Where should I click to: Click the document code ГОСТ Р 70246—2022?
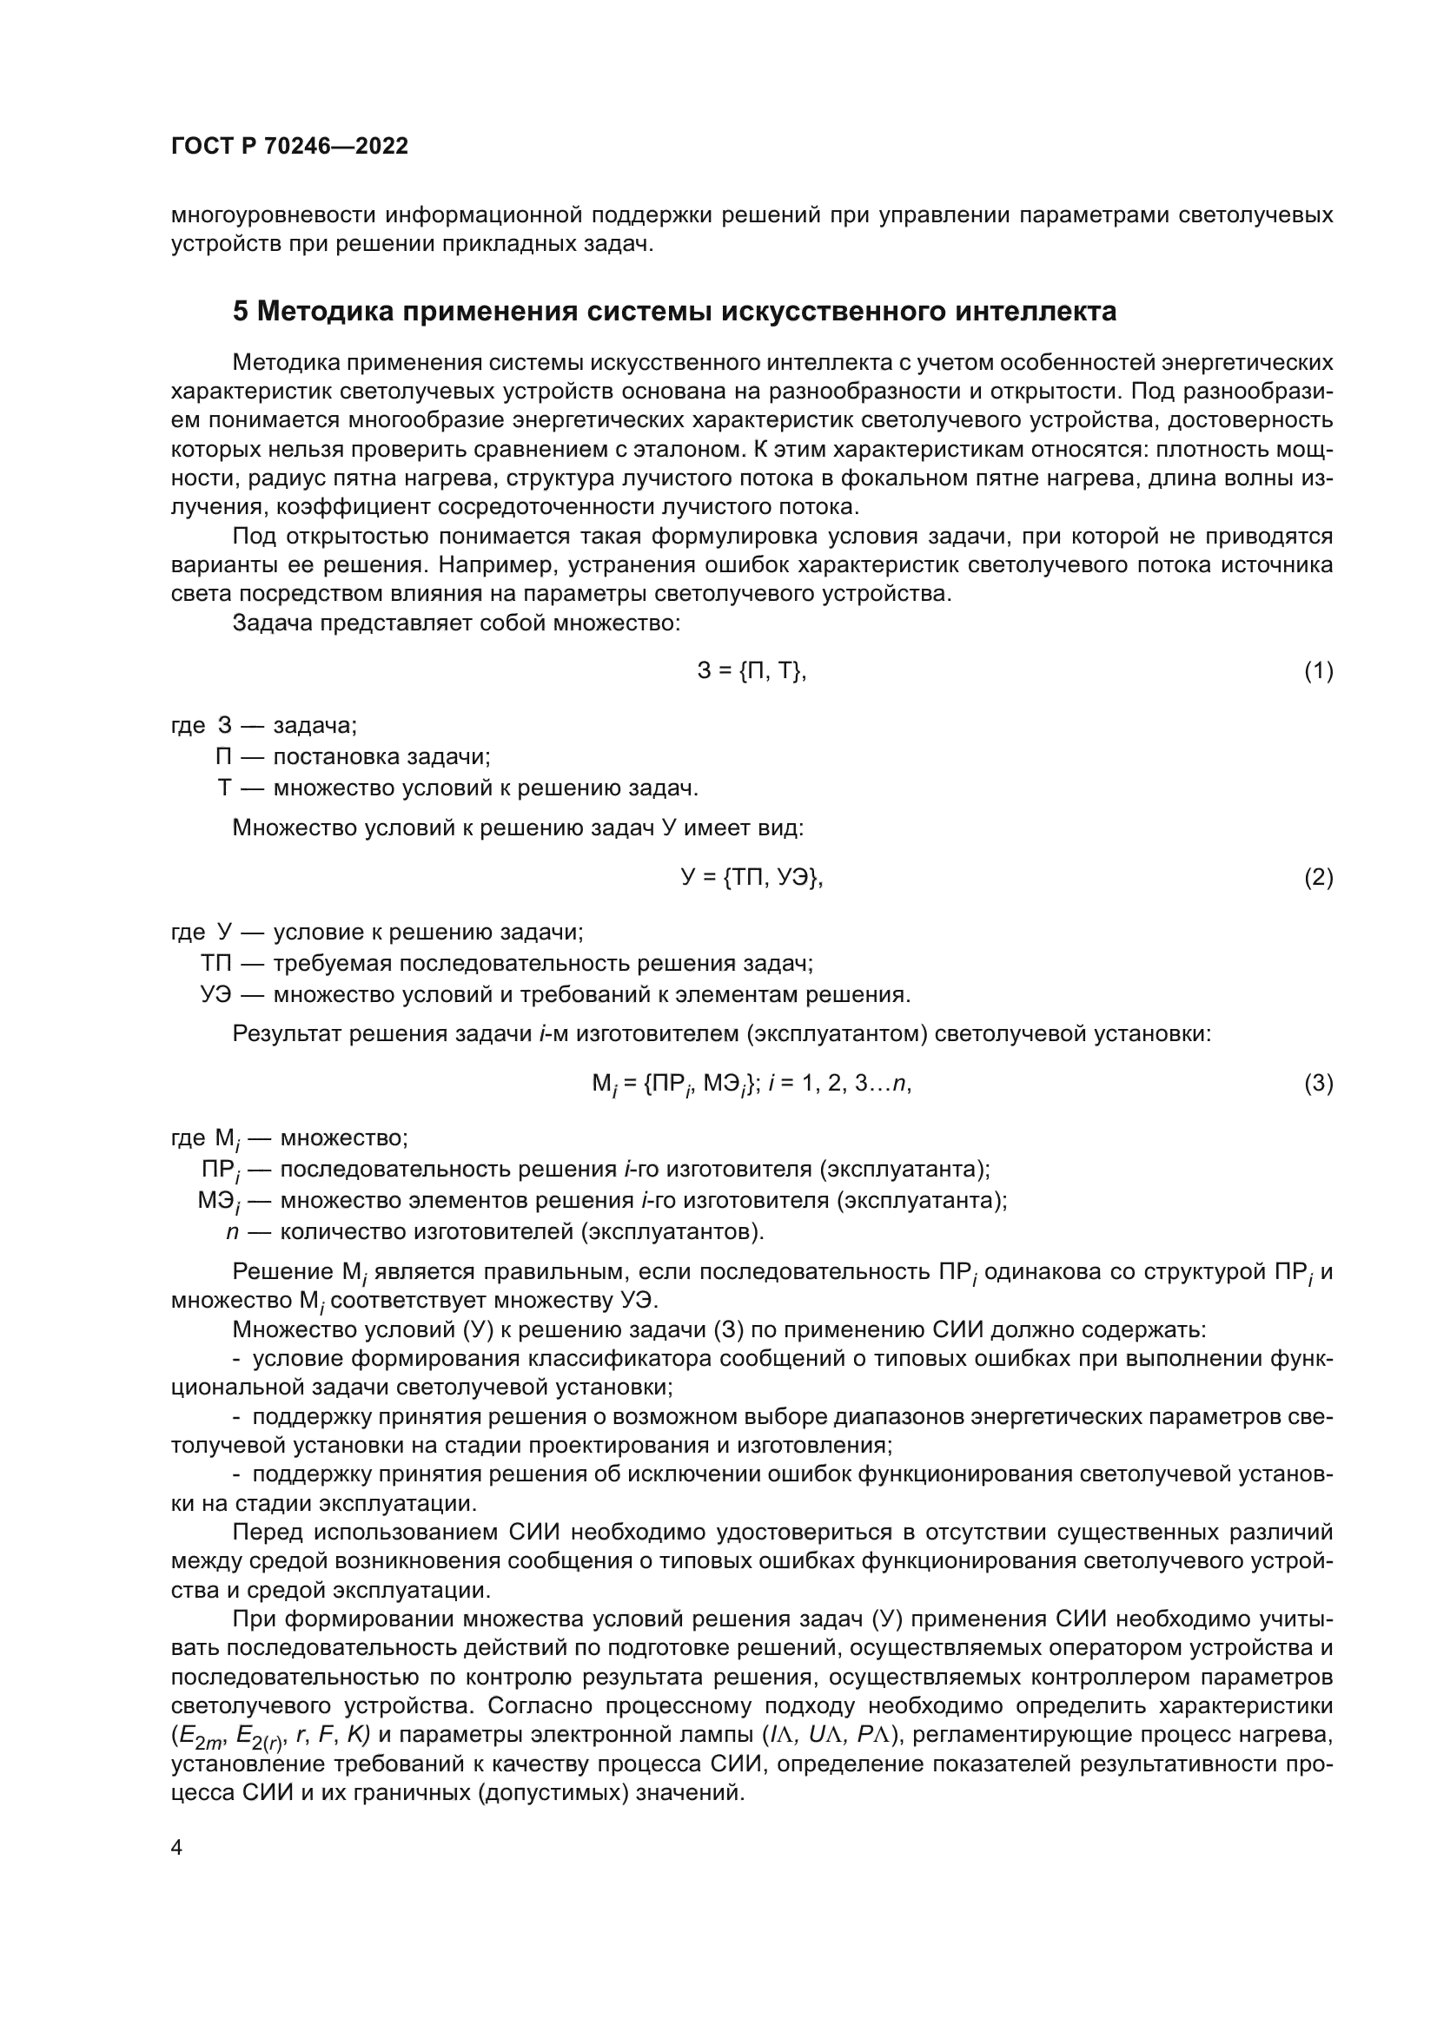[289, 147]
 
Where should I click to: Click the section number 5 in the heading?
[241, 312]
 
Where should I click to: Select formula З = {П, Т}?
[752, 671]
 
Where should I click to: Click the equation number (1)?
[1318, 671]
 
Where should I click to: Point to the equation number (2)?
[1318, 878]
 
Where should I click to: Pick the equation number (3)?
[1318, 1084]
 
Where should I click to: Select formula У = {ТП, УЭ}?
[752, 878]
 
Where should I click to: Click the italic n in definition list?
[233, 1231]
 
